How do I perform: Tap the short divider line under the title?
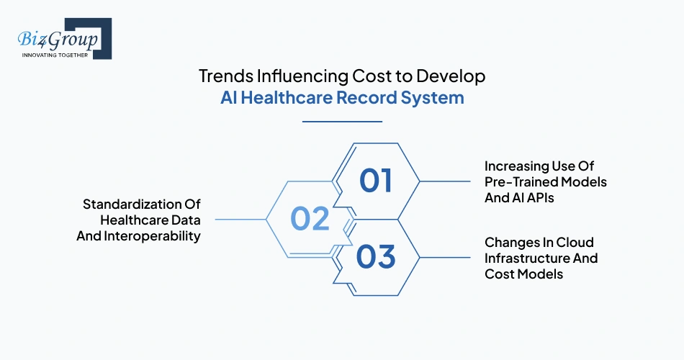point(342,122)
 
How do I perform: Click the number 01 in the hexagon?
point(376,181)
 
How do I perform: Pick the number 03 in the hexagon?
point(376,256)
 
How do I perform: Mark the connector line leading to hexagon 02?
point(240,218)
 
